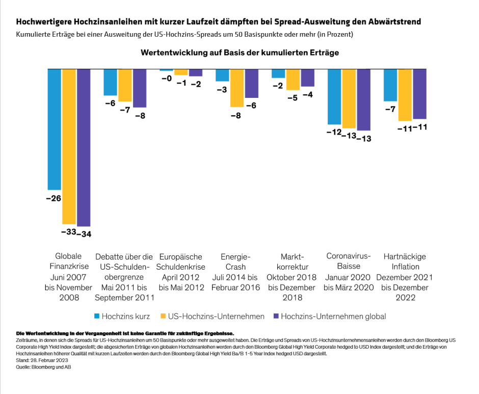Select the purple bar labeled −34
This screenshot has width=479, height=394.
tap(83, 148)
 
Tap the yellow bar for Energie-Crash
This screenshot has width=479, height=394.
tap(237, 88)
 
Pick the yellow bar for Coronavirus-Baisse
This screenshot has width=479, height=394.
tap(349, 98)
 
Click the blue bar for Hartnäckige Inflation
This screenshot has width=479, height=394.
tap(390, 85)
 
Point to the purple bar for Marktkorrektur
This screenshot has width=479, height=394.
tap(307, 78)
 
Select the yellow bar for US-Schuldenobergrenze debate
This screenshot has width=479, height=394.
tap(125, 85)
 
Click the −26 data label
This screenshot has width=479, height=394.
tap(54, 198)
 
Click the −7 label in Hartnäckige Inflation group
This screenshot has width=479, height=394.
tap(390, 109)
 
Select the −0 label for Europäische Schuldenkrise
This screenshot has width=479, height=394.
tap(166, 78)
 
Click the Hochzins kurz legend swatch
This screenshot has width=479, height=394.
tap(96, 316)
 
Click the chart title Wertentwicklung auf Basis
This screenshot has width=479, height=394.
tap(240, 52)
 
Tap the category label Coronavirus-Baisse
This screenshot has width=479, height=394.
tap(349, 261)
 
